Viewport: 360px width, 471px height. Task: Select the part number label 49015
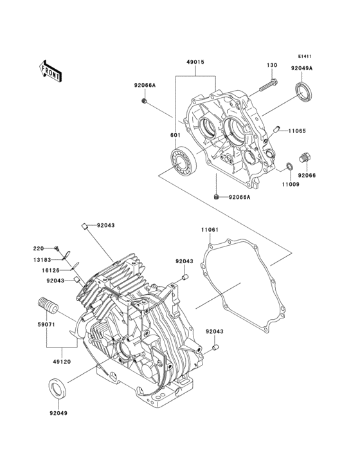[x=196, y=62]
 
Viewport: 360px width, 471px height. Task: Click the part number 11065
[x=296, y=131]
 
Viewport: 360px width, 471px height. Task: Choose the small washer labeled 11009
[x=289, y=169]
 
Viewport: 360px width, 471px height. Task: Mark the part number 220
[x=39, y=248]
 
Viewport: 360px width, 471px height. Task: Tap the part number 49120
[x=61, y=363]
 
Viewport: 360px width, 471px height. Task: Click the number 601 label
[x=175, y=135]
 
